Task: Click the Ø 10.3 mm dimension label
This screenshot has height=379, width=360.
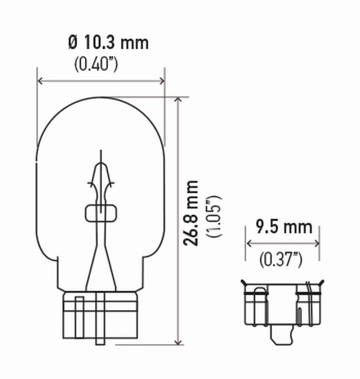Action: click(108, 43)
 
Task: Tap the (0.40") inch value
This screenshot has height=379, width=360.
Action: click(96, 64)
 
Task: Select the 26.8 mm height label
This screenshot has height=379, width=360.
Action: click(192, 213)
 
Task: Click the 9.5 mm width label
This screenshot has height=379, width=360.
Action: click(284, 227)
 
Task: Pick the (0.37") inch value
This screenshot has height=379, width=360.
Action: click(281, 259)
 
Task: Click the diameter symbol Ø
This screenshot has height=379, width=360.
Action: click(73, 43)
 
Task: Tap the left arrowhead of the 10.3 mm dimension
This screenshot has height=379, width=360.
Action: click(40, 81)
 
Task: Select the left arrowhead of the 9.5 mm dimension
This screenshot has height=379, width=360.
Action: click(249, 244)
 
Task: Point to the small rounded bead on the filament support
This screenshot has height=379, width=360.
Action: click(101, 213)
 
